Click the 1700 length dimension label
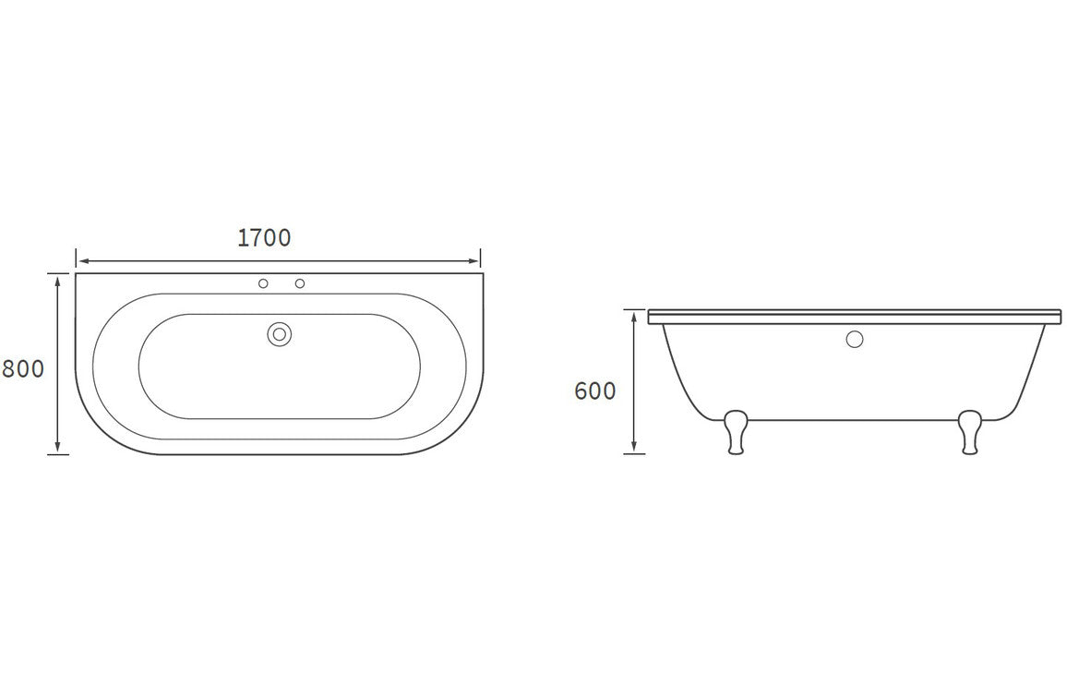point(264,237)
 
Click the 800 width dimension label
point(23,368)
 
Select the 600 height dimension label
point(594,391)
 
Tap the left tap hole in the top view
point(263,283)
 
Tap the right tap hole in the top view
point(299,283)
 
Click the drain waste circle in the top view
point(279,334)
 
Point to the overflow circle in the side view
point(854,339)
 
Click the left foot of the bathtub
point(736,432)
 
